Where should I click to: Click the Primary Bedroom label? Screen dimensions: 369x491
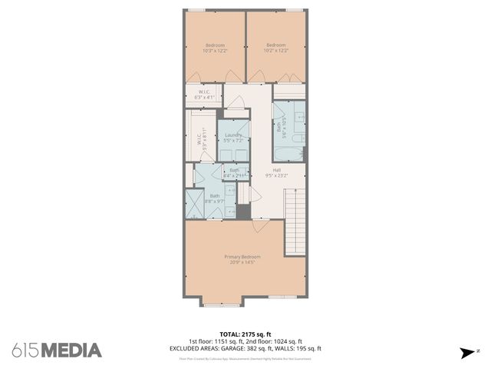click(242, 256)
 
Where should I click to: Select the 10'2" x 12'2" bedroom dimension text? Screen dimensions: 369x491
click(276, 51)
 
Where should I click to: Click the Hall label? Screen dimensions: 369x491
click(276, 170)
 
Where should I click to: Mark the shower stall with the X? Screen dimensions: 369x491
click(194, 204)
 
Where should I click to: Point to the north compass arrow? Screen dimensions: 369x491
click(467, 353)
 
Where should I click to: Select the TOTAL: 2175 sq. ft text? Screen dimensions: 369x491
click(245, 334)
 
